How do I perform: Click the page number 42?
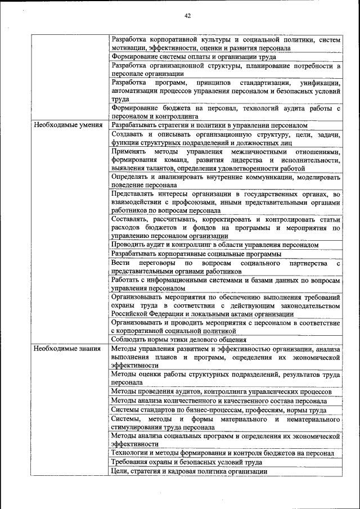187,16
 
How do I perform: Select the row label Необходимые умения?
67,125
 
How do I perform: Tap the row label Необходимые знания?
66,349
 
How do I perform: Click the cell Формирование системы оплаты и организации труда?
193,57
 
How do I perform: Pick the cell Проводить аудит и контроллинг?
215,245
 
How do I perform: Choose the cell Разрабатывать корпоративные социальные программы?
196,254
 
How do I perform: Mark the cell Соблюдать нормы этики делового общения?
180,340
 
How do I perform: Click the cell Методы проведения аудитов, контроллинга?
221,391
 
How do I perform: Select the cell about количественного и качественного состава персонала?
219,401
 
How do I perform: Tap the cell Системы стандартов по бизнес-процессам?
219,410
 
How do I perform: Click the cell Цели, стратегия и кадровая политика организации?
189,471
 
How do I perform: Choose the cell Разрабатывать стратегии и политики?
209,125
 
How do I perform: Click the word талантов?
160,168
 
